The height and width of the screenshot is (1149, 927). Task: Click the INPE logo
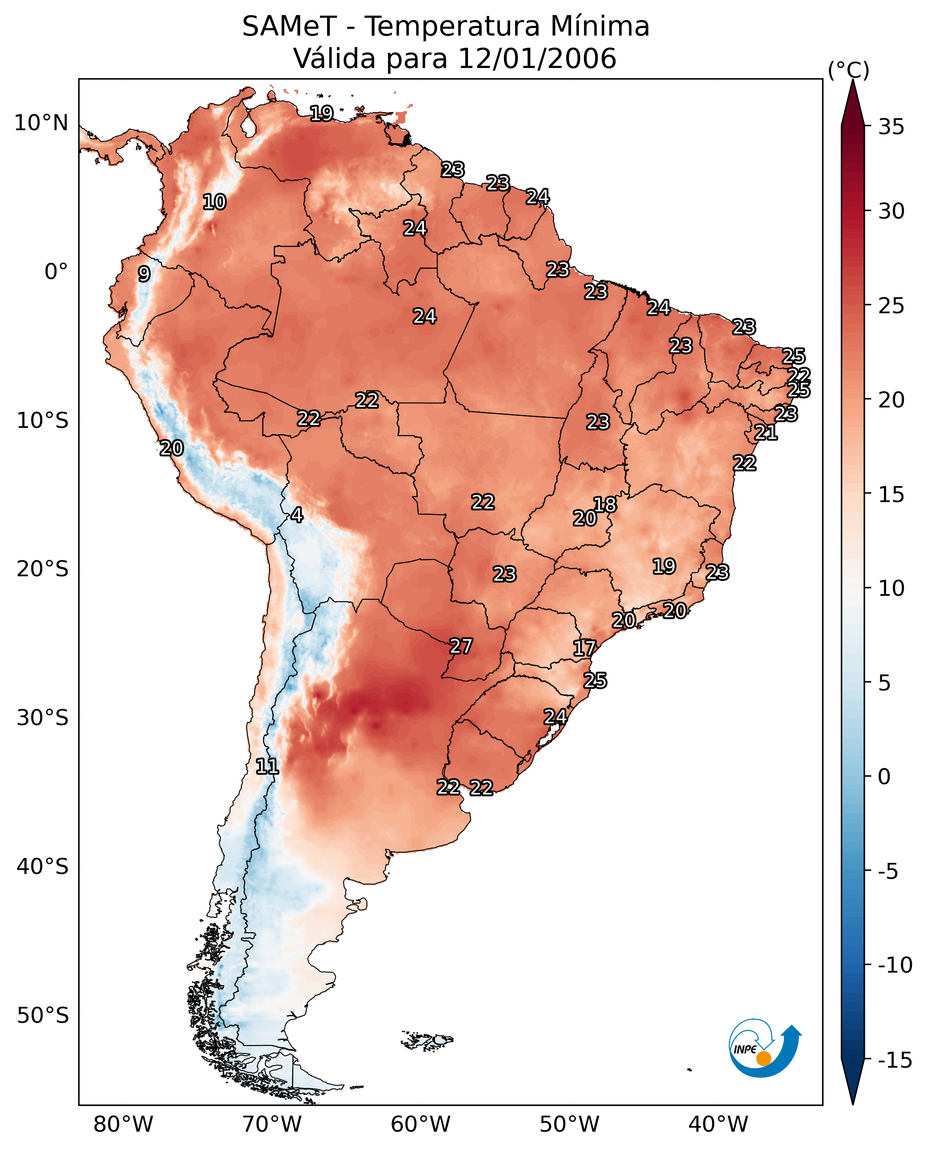(x=764, y=1049)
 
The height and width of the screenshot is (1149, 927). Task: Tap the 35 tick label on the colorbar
(x=891, y=127)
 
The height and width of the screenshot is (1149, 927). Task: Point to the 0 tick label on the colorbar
(x=884, y=776)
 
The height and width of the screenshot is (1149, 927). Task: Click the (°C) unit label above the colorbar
(x=848, y=70)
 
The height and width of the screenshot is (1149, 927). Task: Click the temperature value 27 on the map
(x=461, y=646)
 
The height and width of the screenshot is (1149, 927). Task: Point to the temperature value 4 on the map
(x=296, y=515)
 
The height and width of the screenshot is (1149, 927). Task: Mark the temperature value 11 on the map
(x=267, y=767)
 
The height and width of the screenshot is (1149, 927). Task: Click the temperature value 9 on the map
(x=144, y=274)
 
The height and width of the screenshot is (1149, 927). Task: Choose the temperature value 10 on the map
(x=214, y=202)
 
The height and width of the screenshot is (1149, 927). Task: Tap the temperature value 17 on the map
(x=584, y=648)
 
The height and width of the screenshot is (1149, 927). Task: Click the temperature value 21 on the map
(x=766, y=432)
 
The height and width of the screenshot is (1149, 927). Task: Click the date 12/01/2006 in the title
(x=537, y=58)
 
